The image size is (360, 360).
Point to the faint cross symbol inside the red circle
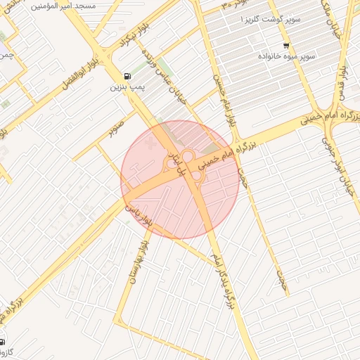(148, 144)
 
